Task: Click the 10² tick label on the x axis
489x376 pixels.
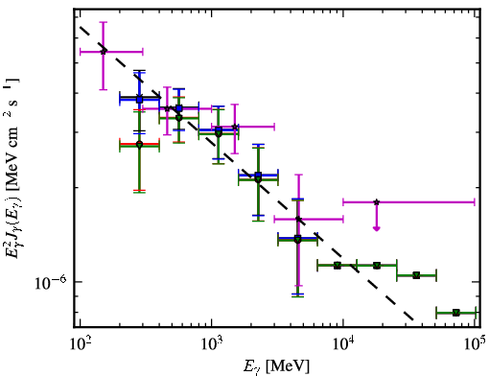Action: click(80, 343)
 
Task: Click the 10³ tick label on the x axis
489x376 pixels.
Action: click(212, 343)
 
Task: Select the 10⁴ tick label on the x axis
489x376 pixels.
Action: click(343, 343)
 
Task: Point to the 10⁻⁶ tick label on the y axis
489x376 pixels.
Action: click(51, 282)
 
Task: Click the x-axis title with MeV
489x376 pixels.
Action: click(276, 366)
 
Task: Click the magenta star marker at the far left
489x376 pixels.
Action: click(104, 51)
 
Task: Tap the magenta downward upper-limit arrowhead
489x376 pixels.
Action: click(377, 228)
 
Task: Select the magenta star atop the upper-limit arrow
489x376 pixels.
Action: click(377, 202)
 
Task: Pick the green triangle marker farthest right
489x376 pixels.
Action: click(456, 313)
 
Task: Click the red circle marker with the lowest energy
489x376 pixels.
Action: click(139, 144)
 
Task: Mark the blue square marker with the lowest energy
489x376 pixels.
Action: click(139, 100)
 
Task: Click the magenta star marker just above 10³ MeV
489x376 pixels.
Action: click(235, 127)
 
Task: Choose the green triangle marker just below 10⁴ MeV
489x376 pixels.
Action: click(338, 265)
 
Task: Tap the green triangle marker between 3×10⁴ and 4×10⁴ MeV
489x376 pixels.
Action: click(416, 275)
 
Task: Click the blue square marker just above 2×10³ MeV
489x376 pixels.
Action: click(258, 175)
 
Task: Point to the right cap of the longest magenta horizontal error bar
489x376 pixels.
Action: click(475, 202)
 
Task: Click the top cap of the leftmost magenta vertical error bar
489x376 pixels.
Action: click(103, 22)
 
